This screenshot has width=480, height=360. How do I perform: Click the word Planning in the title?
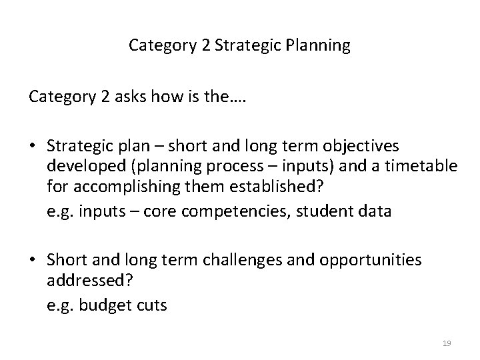pyautogui.click(x=317, y=46)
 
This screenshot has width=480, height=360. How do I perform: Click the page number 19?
pyautogui.click(x=447, y=343)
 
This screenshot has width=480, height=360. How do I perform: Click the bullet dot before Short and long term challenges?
pyautogui.click(x=33, y=260)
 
